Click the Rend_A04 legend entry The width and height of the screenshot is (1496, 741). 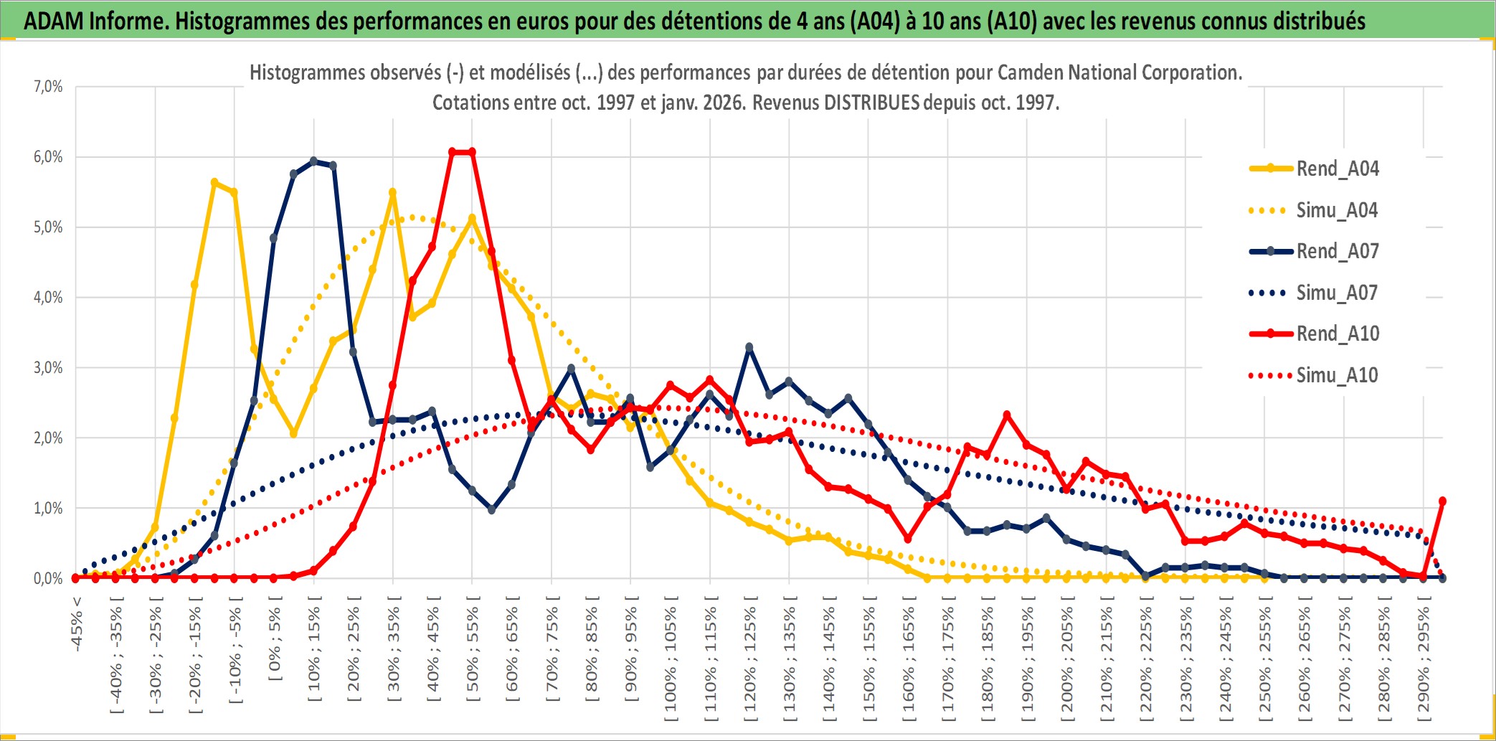[x=1337, y=169]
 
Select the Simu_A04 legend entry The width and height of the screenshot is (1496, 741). [x=1337, y=210]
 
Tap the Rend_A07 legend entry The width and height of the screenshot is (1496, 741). [x=1337, y=251]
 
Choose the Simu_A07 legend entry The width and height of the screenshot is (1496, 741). [x=1337, y=293]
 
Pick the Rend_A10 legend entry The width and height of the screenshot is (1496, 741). [x=1337, y=334]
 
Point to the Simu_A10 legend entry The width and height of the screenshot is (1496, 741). [x=1337, y=375]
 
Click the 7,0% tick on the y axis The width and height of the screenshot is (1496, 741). [x=48, y=87]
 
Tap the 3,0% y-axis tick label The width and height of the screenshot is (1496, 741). [x=48, y=368]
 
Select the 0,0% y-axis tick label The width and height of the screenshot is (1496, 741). [x=48, y=578]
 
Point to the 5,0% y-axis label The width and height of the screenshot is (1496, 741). [x=48, y=227]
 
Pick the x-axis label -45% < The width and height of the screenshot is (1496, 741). [x=77, y=624]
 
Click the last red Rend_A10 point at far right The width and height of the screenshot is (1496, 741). [x=1442, y=501]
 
